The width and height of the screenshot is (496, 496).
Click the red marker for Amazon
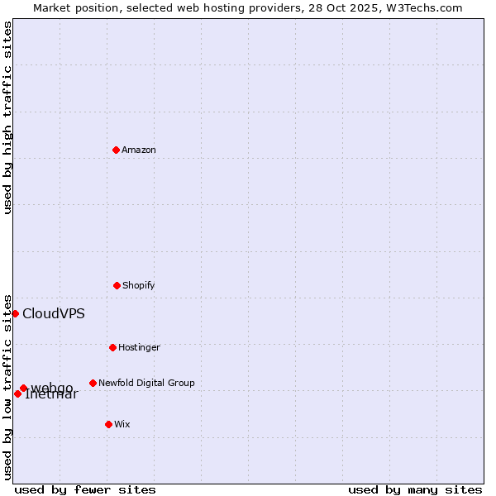pyautogui.click(x=116, y=150)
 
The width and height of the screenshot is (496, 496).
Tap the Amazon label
pyautogui.click(x=139, y=150)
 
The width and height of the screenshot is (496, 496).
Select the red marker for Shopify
pyautogui.click(x=117, y=285)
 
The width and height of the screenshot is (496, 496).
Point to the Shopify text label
pyautogui.click(x=139, y=286)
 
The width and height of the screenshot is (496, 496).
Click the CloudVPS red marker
pyautogui.click(x=15, y=313)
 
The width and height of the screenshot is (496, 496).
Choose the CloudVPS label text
pyautogui.click(x=54, y=314)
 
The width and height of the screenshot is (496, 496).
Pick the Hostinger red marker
pyautogui.click(x=112, y=347)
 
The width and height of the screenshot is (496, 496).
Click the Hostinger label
pyautogui.click(x=139, y=348)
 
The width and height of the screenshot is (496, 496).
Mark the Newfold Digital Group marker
pyautogui.click(x=93, y=383)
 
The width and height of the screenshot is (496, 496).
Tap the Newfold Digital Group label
pyautogui.click(x=146, y=384)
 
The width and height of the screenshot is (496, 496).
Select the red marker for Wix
pyautogui.click(x=108, y=424)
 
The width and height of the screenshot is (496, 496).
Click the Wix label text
pyautogui.click(x=122, y=425)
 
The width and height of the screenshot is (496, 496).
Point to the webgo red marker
pyautogui.click(x=23, y=388)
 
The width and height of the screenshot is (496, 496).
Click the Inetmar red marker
pyautogui.click(x=17, y=393)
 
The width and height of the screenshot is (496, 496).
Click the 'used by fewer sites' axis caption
pyautogui.click(x=85, y=489)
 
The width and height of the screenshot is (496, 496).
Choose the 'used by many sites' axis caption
pyautogui.click(x=415, y=489)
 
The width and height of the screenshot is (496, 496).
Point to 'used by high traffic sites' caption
pyautogui.click(x=8, y=117)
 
